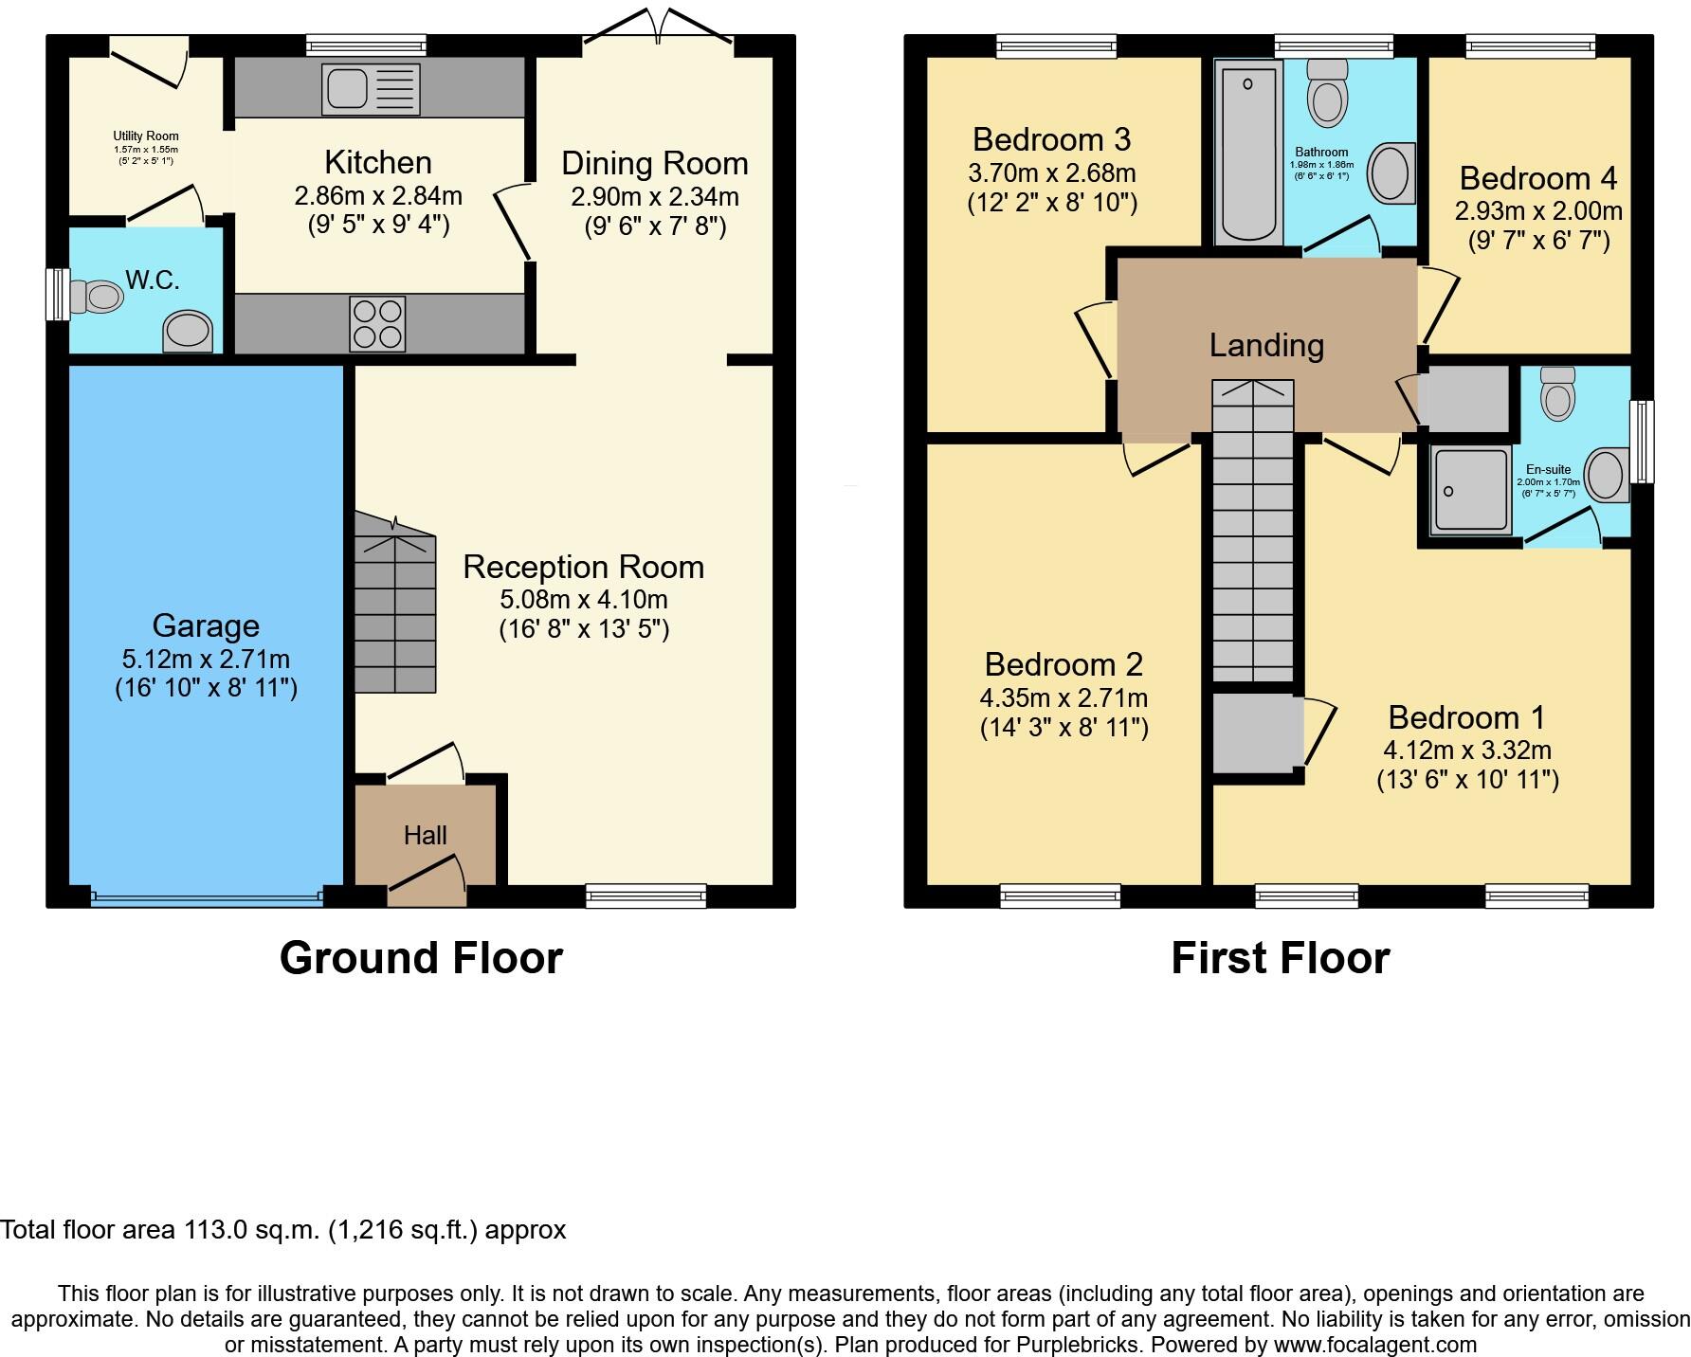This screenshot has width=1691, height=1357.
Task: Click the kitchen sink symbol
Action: click(x=371, y=88)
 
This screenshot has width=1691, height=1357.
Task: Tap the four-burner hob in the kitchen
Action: click(x=377, y=324)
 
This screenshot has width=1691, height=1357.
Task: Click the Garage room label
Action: click(x=206, y=625)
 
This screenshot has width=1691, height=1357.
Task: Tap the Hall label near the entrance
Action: click(x=425, y=835)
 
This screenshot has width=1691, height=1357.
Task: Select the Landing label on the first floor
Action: click(x=1266, y=345)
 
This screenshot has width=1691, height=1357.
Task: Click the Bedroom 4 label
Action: click(x=1537, y=178)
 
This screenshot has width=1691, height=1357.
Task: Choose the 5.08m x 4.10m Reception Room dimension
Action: click(x=584, y=599)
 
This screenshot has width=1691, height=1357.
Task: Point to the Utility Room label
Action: click(x=146, y=136)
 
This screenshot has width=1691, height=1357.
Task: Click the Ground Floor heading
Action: click(x=421, y=958)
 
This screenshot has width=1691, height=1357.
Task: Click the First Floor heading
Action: click(x=1280, y=958)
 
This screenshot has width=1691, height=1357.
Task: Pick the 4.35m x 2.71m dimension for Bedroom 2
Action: click(x=1064, y=698)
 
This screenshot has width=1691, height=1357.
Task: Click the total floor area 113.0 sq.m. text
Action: click(x=282, y=1230)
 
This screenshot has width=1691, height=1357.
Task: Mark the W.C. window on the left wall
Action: click(x=59, y=295)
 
